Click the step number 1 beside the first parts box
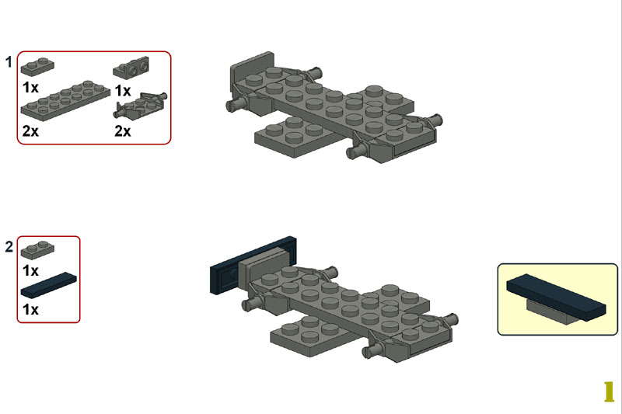[x=9, y=62]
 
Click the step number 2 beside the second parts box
[x=9, y=247]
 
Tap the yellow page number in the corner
[x=609, y=391]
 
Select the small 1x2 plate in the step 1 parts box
[x=37, y=67]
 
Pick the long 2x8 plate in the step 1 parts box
[x=65, y=100]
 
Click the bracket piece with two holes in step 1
[x=131, y=68]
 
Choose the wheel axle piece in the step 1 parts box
[x=141, y=106]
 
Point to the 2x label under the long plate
[x=30, y=130]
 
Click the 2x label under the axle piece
[x=123, y=130]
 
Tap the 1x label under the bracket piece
[x=123, y=91]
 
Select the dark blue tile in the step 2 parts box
[x=49, y=285]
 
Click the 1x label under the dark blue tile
[x=31, y=309]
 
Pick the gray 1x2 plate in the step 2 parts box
[x=37, y=250]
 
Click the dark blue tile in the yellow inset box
[x=556, y=297]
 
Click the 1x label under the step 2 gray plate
[x=31, y=271]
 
